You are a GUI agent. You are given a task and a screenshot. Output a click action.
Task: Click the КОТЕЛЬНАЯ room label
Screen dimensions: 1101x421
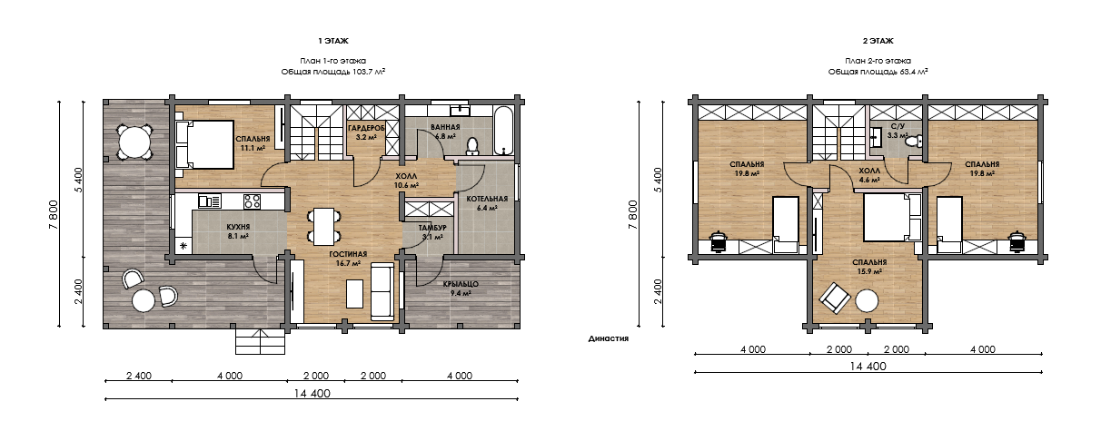487,199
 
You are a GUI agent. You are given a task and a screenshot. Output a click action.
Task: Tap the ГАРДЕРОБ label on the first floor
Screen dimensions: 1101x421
366,129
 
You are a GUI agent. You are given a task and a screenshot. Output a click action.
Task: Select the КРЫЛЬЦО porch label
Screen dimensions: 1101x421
461,284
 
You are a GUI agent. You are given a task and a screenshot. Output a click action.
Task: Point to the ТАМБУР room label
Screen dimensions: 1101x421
432,228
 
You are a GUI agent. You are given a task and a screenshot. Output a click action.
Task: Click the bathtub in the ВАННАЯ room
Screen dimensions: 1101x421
503,131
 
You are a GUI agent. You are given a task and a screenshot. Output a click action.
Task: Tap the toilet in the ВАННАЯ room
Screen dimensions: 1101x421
472,146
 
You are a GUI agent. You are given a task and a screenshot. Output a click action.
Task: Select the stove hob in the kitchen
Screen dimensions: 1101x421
252,201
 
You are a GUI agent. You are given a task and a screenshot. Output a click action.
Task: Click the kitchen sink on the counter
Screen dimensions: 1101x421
210,201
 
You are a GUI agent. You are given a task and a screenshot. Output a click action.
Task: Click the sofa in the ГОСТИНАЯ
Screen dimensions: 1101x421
382,292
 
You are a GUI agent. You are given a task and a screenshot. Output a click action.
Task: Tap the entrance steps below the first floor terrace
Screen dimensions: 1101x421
260,341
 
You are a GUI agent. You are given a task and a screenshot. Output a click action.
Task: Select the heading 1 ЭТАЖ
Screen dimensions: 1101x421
333,41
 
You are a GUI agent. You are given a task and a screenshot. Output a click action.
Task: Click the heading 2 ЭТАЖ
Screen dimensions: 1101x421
878,41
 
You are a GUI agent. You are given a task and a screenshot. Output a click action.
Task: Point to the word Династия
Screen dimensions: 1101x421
609,338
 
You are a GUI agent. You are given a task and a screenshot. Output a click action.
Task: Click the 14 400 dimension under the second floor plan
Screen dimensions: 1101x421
868,366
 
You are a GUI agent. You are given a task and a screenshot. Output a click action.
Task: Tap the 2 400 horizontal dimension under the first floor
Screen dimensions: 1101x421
139,376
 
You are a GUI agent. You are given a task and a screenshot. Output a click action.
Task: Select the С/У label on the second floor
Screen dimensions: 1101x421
898,127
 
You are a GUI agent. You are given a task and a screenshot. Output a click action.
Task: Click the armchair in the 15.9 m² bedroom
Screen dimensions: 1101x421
834,298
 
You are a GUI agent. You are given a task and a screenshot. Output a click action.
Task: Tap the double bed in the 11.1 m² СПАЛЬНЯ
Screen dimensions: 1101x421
204,145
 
